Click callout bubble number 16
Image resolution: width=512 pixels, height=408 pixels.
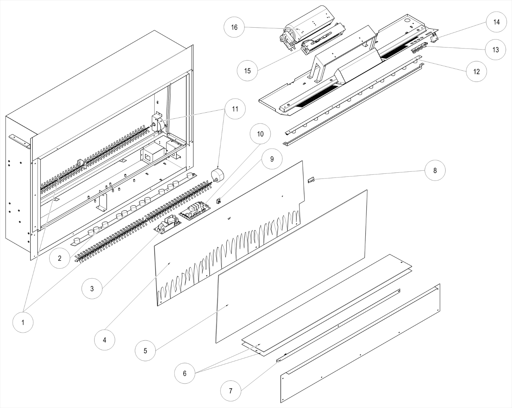(x=234, y=27)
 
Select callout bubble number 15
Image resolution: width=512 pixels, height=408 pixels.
(x=247, y=71)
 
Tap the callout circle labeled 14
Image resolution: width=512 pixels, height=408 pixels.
(x=496, y=22)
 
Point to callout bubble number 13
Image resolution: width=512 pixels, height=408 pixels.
(x=496, y=50)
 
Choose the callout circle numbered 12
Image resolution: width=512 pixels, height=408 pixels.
(x=477, y=72)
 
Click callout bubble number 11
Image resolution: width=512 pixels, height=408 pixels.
(x=234, y=109)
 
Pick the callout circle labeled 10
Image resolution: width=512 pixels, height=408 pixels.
(x=260, y=134)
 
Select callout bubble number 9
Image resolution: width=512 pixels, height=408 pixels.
(x=272, y=159)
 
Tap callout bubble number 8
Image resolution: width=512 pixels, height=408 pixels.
(x=435, y=170)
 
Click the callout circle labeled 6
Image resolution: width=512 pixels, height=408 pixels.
(x=185, y=373)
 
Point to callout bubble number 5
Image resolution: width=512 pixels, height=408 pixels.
(x=145, y=351)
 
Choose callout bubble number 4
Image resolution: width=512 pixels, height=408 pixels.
(x=105, y=340)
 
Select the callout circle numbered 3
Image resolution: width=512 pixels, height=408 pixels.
(x=92, y=289)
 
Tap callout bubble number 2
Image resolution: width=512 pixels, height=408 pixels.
(x=59, y=258)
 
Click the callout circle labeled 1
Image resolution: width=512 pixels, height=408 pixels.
(x=23, y=322)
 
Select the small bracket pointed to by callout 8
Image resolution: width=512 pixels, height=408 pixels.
(x=311, y=180)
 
